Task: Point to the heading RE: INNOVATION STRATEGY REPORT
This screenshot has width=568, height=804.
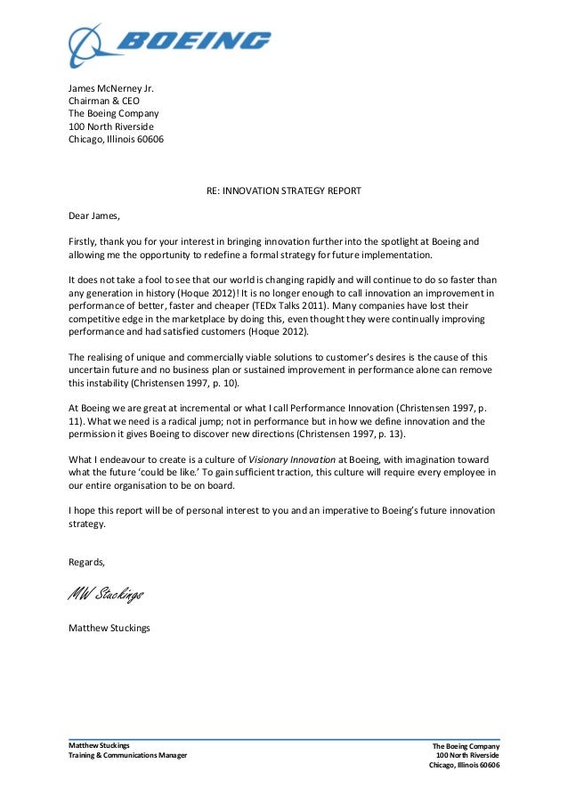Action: pyautogui.click(x=284, y=190)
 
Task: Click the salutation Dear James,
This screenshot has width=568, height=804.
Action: pyautogui.click(x=93, y=215)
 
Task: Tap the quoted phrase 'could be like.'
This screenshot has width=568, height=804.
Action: pyautogui.click(x=177, y=473)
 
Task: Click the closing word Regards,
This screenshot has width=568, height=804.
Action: pyautogui.click(x=86, y=562)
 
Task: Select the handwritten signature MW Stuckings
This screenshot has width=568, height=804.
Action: pyautogui.click(x=105, y=594)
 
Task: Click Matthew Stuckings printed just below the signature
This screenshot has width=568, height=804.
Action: pyautogui.click(x=110, y=628)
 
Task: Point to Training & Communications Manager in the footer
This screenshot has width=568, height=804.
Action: pyautogui.click(x=128, y=756)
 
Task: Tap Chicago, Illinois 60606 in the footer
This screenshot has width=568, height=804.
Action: pyautogui.click(x=464, y=766)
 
